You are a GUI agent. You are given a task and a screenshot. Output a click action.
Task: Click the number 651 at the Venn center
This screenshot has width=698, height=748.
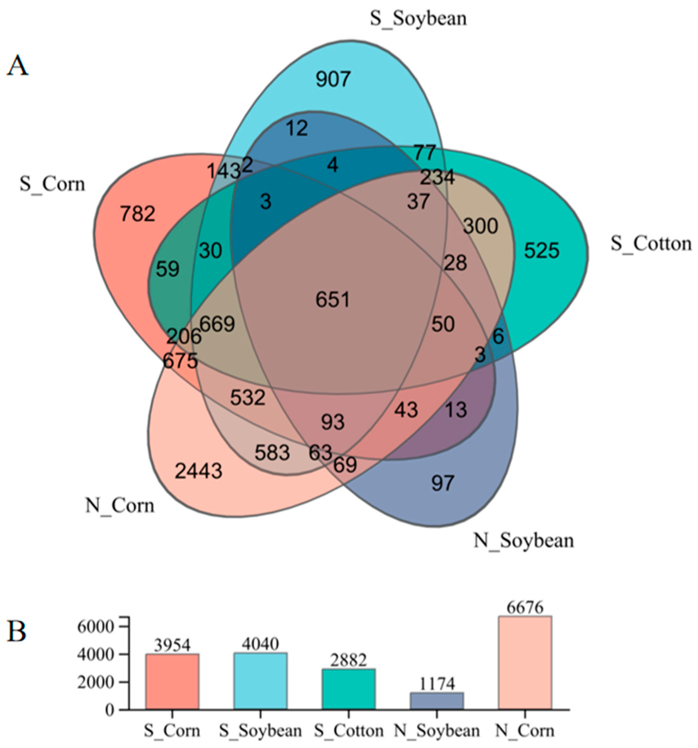click(333, 300)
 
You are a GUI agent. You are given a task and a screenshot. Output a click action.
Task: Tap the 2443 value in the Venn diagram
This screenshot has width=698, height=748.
click(198, 471)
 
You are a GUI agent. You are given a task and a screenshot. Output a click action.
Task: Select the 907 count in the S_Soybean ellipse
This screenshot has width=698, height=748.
click(333, 79)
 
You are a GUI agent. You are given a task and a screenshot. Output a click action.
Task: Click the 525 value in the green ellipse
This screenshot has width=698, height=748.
click(541, 251)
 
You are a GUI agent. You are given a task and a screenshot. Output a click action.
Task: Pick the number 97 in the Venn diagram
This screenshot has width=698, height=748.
click(443, 483)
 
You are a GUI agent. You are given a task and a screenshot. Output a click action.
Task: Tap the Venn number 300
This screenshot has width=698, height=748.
click(480, 226)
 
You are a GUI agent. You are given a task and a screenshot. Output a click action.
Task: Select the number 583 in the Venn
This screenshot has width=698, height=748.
click(272, 453)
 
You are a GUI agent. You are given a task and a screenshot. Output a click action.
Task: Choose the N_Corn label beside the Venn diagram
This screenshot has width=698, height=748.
click(120, 505)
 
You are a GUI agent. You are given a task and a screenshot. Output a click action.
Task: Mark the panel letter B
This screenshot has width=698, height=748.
click(17, 632)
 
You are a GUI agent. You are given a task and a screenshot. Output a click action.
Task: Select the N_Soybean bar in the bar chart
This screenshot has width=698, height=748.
click(437, 700)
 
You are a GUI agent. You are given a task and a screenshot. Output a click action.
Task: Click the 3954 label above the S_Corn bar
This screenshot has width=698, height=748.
click(172, 646)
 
